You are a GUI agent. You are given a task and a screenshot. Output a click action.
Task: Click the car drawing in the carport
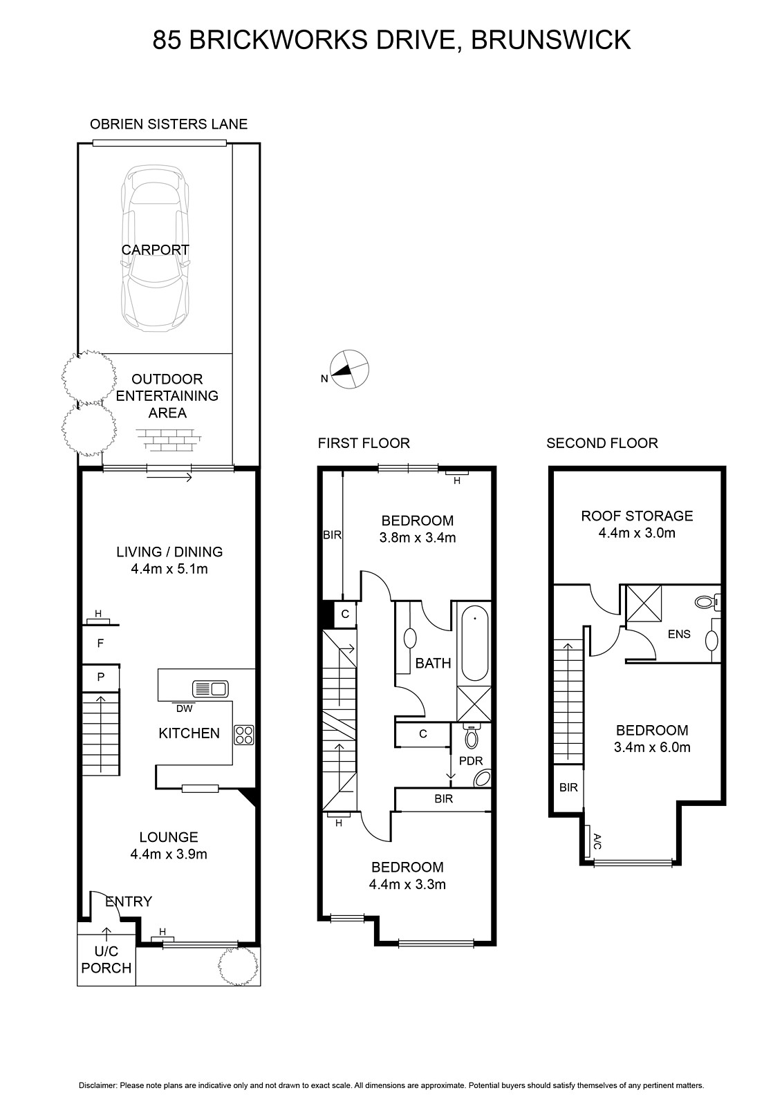click(155, 249)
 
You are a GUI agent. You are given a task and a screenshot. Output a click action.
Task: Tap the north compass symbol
click(349, 369)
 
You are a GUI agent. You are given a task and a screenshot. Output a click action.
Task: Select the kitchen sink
click(210, 688)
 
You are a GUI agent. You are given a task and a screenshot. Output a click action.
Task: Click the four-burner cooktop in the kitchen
click(243, 734)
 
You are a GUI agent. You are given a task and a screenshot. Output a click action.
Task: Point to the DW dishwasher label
click(184, 709)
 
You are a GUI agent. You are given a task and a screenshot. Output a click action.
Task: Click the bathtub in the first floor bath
click(475, 643)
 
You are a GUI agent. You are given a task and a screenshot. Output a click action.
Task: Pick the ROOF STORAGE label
click(637, 516)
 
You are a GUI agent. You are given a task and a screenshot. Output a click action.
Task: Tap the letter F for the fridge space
click(100, 644)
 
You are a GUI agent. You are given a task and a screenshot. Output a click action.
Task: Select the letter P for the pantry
click(101, 677)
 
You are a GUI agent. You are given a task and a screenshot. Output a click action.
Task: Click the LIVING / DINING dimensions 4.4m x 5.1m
click(169, 569)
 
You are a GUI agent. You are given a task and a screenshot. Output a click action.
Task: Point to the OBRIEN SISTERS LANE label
click(169, 124)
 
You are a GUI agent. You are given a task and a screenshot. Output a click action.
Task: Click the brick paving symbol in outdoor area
click(169, 440)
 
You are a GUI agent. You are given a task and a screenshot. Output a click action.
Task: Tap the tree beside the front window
click(238, 966)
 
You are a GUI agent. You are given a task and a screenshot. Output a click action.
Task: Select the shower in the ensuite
click(644, 603)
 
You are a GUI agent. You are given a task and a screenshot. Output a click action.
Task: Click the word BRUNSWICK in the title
click(551, 40)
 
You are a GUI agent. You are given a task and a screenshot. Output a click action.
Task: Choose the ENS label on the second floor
click(679, 634)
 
